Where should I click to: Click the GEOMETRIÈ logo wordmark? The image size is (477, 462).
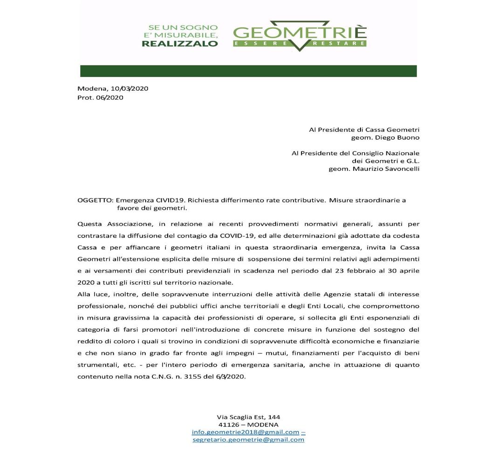300,33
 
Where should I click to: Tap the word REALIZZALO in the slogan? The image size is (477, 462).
180,44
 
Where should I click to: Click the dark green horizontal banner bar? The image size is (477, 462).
248,71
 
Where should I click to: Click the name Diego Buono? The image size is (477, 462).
397,137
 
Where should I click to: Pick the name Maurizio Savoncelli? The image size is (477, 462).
386,169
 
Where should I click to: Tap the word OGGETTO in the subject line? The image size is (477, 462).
95,200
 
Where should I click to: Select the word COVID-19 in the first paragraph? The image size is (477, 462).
238,236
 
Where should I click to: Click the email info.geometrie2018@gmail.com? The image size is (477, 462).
245,432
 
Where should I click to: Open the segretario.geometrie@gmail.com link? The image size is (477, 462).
248,439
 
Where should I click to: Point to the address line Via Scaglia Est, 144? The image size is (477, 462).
248,417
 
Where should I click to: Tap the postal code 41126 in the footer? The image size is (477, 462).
229,424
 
